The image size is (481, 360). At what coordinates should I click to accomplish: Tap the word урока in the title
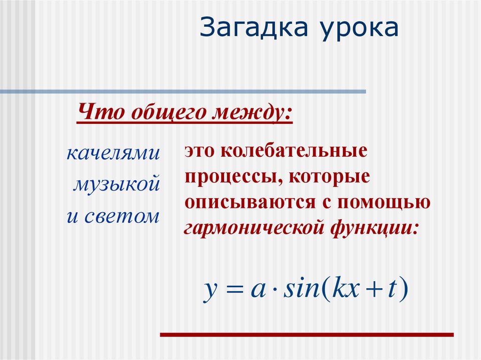[360, 29]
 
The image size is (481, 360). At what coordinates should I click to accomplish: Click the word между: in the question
[254, 114]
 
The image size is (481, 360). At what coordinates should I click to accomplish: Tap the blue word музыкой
[116, 184]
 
